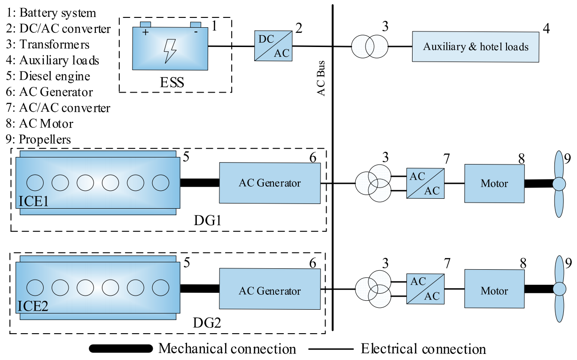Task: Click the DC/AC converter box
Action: click(x=272, y=46)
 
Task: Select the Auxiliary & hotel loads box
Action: click(x=476, y=47)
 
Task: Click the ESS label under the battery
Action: click(x=171, y=83)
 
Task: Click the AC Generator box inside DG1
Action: click(x=269, y=183)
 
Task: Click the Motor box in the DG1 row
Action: click(x=494, y=183)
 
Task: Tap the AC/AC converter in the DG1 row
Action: click(x=424, y=183)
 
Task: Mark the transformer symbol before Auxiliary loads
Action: click(x=370, y=47)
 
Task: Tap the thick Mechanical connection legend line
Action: click(x=121, y=349)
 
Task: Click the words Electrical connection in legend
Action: click(x=423, y=349)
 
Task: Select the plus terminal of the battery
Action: click(x=145, y=32)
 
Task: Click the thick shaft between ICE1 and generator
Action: click(x=200, y=183)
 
